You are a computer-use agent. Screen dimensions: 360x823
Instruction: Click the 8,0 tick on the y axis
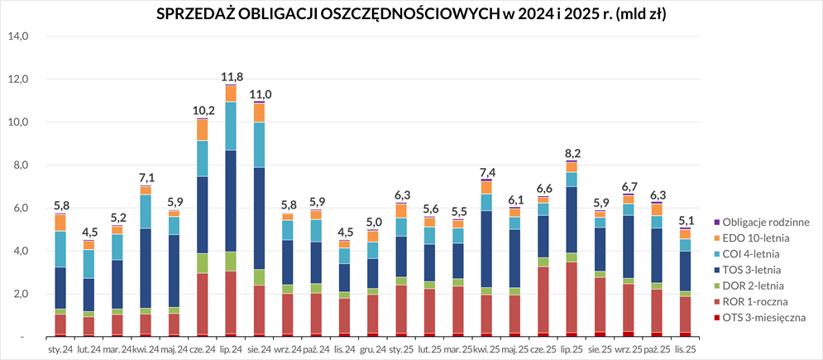(x=20, y=166)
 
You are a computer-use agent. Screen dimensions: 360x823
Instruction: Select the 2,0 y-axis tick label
(x=20, y=295)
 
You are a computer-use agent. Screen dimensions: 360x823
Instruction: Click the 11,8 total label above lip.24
(x=231, y=77)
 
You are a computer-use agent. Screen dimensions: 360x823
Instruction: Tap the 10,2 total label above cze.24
(x=203, y=111)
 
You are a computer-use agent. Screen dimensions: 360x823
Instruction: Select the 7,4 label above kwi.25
(x=487, y=171)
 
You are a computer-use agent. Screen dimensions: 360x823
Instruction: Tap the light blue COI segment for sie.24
(x=260, y=145)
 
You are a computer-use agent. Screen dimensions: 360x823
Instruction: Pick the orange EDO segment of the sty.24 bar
(x=60, y=223)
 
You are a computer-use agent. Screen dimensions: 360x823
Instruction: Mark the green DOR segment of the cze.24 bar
(x=203, y=263)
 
